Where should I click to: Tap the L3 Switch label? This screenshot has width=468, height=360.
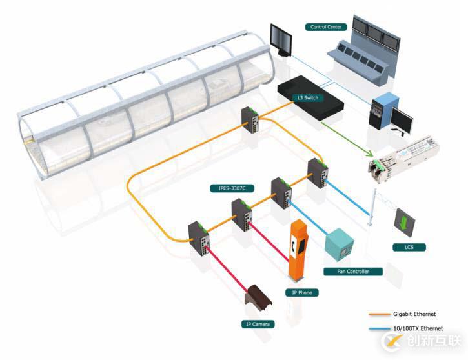coord(307,97)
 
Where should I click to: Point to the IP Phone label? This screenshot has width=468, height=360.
coord(301,293)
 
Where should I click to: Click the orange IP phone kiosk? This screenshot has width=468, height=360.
coord(297,252)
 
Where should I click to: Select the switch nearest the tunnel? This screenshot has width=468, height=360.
coord(250,119)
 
